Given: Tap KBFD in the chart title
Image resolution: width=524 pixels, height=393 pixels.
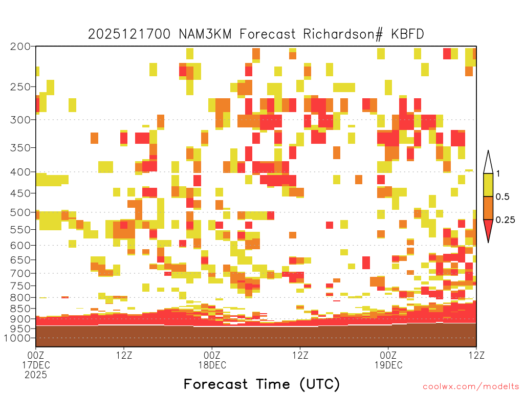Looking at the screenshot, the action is (407, 34).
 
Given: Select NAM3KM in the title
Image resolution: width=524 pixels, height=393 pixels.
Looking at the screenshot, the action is (205, 34).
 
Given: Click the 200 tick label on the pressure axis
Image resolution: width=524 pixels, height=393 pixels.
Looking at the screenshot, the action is (20, 47).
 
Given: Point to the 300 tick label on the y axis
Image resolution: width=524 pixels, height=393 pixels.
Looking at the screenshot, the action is (20, 120).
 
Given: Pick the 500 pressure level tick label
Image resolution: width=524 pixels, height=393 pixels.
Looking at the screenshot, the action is (20, 212).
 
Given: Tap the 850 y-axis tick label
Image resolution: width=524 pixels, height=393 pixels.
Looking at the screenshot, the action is (20, 309).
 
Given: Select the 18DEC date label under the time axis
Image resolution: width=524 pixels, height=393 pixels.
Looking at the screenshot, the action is (212, 365).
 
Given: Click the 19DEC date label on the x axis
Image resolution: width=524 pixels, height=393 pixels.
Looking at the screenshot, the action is (388, 365).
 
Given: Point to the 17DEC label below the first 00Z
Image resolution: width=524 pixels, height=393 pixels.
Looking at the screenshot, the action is (36, 365).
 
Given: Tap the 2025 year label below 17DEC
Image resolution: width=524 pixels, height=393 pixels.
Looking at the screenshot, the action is (36, 375).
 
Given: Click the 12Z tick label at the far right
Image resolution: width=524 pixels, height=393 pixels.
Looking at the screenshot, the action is (476, 355).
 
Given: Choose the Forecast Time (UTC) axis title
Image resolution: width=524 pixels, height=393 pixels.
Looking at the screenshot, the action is (261, 384).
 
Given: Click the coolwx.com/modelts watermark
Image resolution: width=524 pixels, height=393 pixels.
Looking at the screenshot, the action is (471, 387).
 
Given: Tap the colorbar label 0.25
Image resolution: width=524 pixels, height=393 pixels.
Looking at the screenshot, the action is (505, 220).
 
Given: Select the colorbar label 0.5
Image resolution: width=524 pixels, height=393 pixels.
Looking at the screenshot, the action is (503, 196).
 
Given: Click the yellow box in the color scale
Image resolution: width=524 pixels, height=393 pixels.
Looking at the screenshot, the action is (488, 185).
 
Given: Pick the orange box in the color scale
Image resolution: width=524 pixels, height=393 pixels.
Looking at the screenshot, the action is (488, 208).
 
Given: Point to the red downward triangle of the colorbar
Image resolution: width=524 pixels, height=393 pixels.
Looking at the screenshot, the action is (488, 229).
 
